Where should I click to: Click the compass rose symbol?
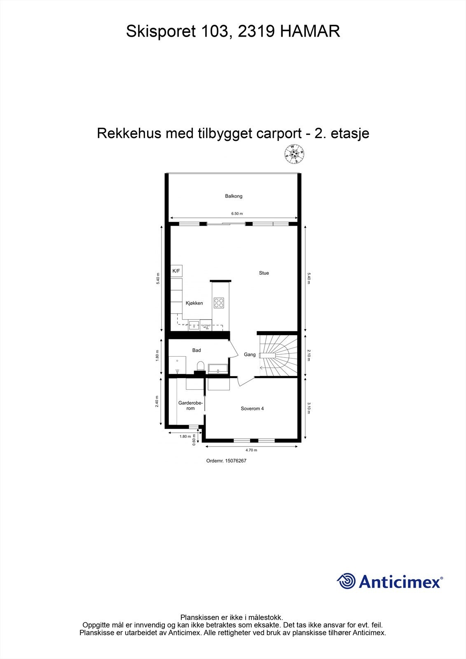(x=294, y=154)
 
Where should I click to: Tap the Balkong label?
(x=234, y=196)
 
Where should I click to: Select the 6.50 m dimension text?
(x=237, y=214)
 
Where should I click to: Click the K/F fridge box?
(x=176, y=271)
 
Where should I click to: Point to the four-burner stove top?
(x=219, y=303)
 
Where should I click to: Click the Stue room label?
(x=264, y=273)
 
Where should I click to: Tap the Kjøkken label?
(x=194, y=303)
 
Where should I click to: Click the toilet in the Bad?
(x=200, y=366)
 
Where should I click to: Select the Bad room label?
(x=197, y=350)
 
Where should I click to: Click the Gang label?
(x=250, y=355)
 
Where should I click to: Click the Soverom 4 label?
(x=252, y=409)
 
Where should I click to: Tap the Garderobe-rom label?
(x=190, y=406)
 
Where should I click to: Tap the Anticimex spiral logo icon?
(x=346, y=581)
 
